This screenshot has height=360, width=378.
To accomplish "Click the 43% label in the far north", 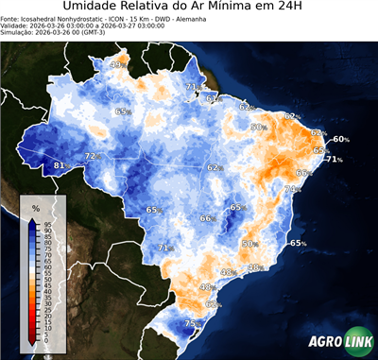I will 118,65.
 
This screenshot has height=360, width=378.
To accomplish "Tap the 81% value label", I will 60,165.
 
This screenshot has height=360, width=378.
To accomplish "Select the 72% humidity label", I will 92,156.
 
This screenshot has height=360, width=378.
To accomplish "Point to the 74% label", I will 293,189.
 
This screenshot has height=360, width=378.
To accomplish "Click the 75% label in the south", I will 191,324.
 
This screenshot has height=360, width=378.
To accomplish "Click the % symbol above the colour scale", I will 36,206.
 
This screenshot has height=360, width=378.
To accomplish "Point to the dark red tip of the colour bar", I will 32,338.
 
